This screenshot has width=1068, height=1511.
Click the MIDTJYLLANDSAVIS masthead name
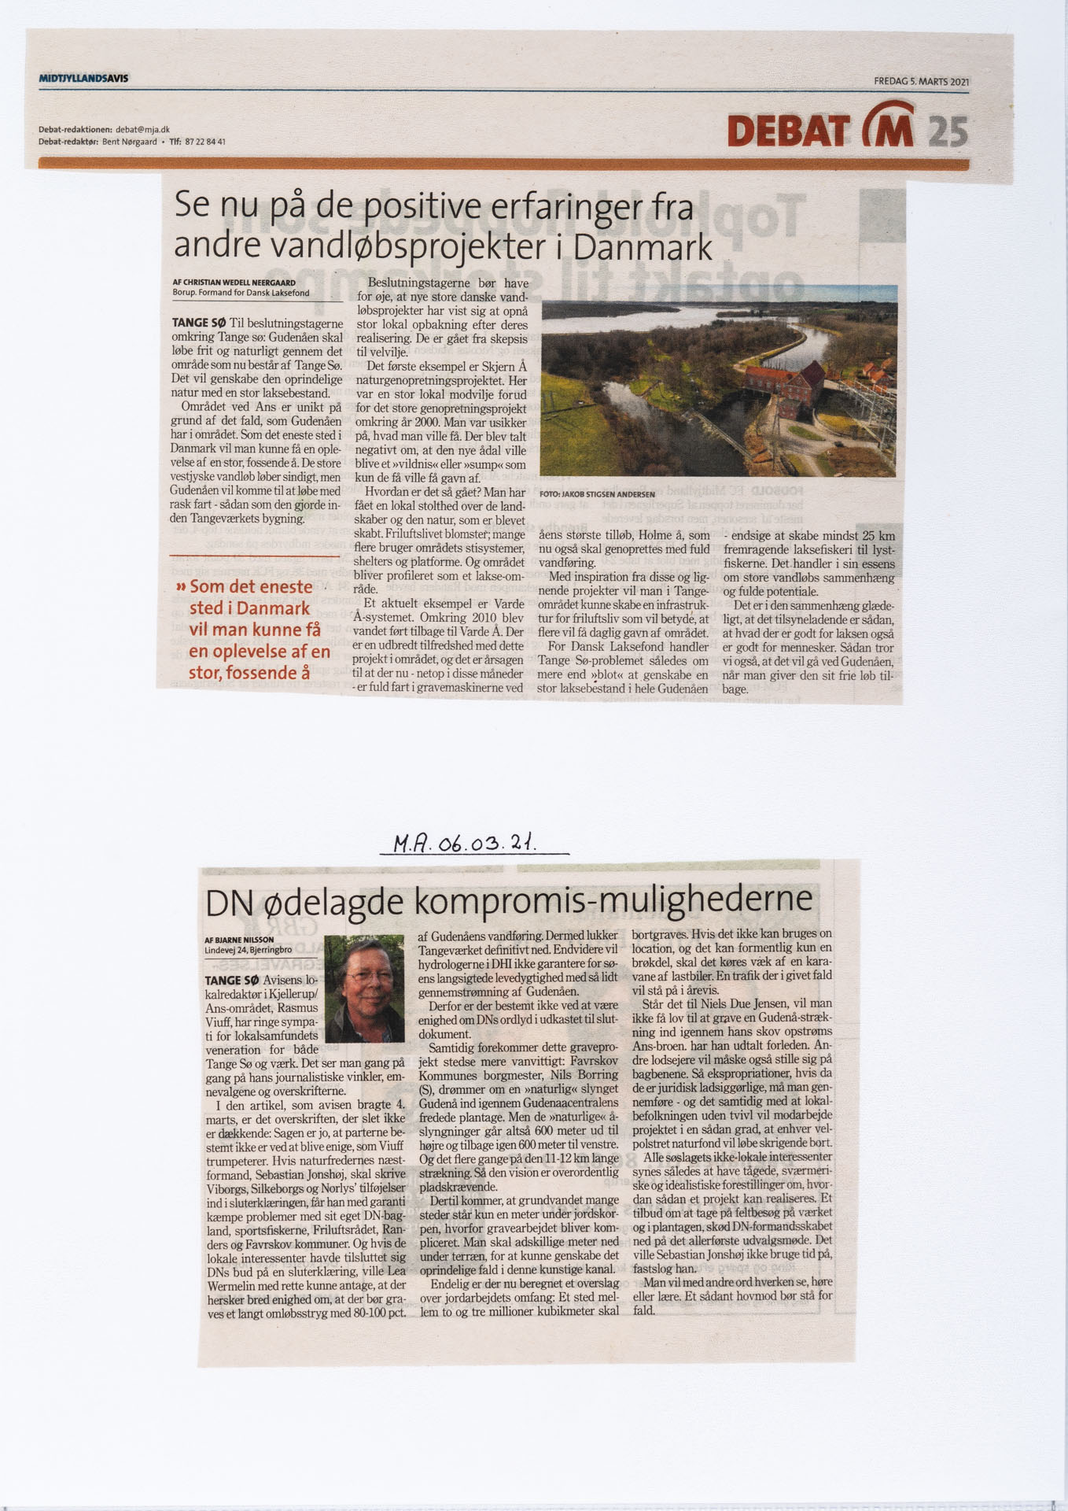click(83, 79)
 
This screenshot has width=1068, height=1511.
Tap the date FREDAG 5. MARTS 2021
click(920, 81)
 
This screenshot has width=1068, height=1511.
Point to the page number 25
click(948, 131)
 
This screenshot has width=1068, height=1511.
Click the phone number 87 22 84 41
click(206, 142)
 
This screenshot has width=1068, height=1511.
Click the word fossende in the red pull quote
click(260, 672)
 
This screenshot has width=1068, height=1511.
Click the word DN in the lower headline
click(229, 902)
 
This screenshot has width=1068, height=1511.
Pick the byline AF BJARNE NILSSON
click(239, 940)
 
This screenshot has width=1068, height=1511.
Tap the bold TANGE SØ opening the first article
click(198, 323)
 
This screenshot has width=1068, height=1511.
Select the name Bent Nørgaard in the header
click(130, 142)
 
